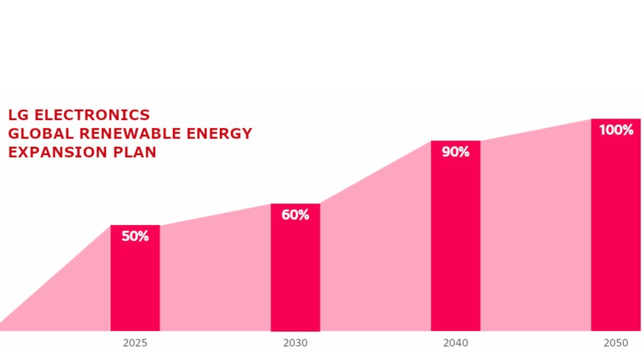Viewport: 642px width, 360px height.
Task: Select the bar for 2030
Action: pos(295,276)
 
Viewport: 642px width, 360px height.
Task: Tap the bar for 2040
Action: pos(456,246)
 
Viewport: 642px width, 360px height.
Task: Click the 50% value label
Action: pos(135,236)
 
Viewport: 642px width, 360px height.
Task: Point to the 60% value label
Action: pos(295,215)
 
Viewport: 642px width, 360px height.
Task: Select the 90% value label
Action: pos(456,152)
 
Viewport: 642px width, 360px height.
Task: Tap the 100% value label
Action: pos(616,130)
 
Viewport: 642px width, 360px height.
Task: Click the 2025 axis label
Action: pos(135,344)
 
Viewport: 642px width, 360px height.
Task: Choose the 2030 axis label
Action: pos(295,344)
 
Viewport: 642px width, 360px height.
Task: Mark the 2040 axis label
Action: pos(456,344)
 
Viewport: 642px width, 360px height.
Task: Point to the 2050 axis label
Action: pos(615,344)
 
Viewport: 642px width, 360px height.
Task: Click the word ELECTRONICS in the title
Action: pos(92,115)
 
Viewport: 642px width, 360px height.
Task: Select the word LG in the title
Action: pos(19,115)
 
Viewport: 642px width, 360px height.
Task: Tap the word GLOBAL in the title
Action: pos(36,133)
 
